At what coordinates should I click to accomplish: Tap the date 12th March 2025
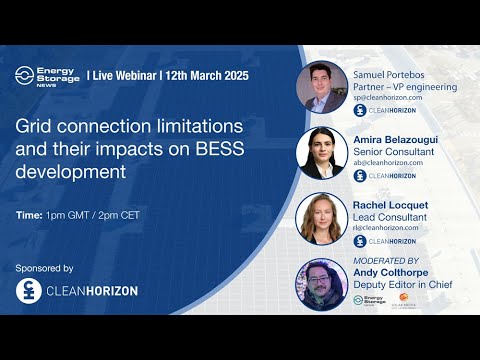click(206, 76)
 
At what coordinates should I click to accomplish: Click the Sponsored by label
click(45, 268)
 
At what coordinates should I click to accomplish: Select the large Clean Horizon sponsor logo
click(77, 291)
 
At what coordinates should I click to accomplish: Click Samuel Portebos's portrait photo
click(321, 87)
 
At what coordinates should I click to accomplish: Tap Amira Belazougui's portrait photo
click(321, 153)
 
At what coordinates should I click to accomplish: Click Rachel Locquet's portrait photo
click(321, 219)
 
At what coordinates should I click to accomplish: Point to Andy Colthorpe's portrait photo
click(321, 285)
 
